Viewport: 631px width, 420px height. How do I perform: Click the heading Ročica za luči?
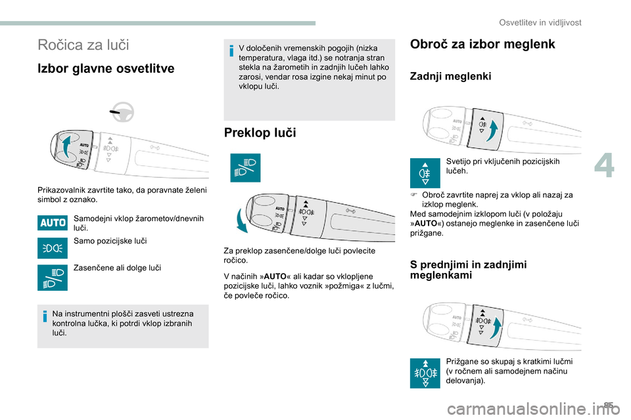pos(83,45)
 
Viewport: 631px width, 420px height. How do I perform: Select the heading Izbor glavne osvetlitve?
pos(106,69)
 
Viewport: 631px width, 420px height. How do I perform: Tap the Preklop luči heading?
pos(260,133)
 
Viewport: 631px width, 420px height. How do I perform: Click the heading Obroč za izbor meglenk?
pos(482,45)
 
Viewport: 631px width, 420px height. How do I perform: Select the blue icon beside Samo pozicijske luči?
pos(53,248)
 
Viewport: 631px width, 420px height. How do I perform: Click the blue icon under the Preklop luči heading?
pos(245,167)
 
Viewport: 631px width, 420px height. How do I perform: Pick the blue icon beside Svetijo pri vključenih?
pos(425,173)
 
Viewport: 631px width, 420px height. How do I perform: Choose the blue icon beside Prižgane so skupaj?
pos(425,373)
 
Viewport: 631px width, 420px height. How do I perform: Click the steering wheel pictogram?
pos(122,114)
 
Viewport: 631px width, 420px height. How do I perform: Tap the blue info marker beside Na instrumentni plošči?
pos(45,318)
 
